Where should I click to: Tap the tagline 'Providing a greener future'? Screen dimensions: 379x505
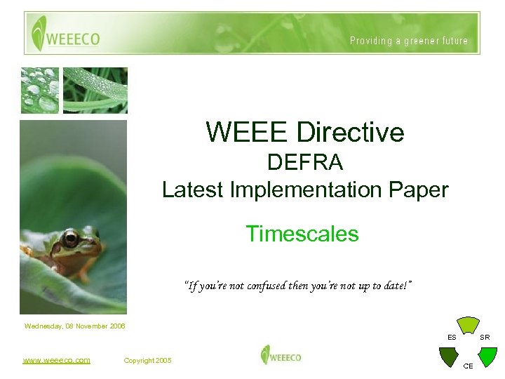point(409,41)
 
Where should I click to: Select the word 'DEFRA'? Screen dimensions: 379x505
point(305,163)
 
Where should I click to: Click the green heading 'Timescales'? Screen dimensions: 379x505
point(302,234)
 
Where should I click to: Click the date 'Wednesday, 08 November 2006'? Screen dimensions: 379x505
point(74,326)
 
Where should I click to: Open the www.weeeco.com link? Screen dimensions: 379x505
point(56,360)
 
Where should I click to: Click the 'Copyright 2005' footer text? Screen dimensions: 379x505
point(147,361)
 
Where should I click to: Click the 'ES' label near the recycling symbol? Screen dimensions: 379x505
point(452,338)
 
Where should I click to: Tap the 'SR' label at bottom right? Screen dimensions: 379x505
point(485,338)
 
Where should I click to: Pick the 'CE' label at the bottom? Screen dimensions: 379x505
point(469,366)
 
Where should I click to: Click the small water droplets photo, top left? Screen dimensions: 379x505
point(39,90)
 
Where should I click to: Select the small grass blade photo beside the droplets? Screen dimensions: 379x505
point(95,90)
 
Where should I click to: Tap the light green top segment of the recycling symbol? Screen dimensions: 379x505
point(468,325)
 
